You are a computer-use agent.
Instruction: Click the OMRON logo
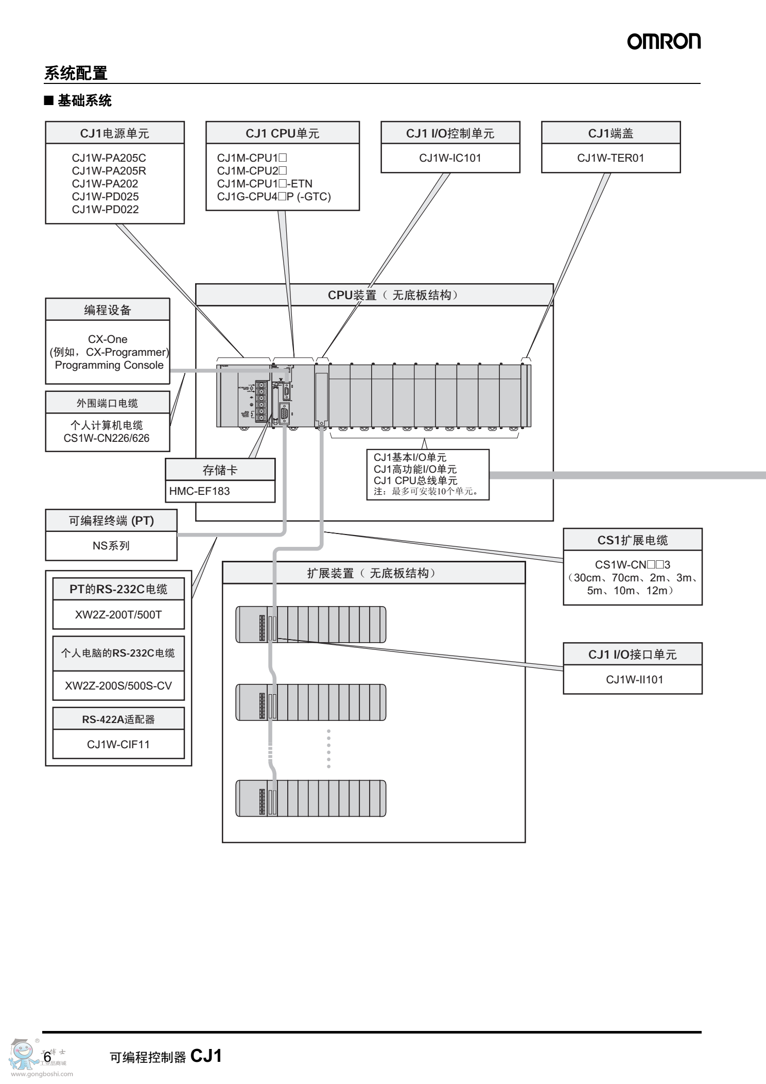[x=664, y=42]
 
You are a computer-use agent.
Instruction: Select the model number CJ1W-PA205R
[x=109, y=171]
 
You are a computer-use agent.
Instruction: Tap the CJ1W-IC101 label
[x=450, y=158]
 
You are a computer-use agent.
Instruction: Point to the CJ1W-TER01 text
[x=611, y=158]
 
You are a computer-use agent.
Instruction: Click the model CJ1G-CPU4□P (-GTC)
[x=274, y=197]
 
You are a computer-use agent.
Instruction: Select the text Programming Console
[x=109, y=365]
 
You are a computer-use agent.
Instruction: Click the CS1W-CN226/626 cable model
[x=107, y=438]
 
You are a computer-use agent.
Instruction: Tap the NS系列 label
[x=111, y=546]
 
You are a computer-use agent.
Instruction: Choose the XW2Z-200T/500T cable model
[x=118, y=615]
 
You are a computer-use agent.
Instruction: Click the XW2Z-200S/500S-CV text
[x=118, y=686]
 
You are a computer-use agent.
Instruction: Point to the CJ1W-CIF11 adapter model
[x=118, y=745]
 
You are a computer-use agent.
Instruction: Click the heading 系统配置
[x=76, y=73]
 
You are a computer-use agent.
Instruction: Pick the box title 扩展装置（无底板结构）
[x=373, y=573]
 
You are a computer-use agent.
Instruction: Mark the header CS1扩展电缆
[x=633, y=540]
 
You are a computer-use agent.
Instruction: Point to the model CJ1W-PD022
[x=105, y=210]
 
